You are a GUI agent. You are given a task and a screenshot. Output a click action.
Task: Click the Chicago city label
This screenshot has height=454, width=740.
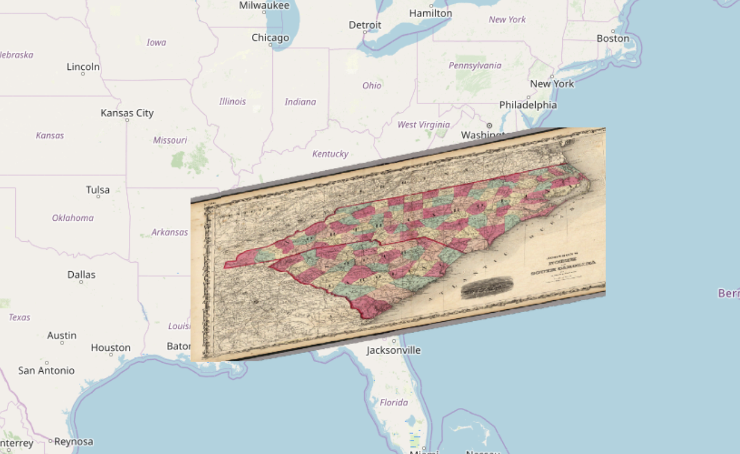pos(270,38)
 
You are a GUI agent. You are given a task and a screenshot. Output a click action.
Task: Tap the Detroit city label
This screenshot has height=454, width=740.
pos(365,25)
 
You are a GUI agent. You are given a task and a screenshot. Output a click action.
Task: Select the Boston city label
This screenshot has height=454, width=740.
pos(613,39)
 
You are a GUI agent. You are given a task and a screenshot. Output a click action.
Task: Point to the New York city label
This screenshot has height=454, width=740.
pos(552,83)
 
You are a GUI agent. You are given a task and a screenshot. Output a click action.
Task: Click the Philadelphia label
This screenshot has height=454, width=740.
pos(528,105)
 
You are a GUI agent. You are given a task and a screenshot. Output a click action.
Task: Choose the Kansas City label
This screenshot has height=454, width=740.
pos(127,113)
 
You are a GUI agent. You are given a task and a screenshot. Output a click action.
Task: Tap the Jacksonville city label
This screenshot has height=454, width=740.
pos(393,350)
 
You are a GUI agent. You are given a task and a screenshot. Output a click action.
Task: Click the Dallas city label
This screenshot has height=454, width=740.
pos(81,275)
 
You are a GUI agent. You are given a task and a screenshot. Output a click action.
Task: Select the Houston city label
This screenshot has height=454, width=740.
pos(111,347)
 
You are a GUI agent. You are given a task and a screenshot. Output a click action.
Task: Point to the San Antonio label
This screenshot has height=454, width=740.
pos(46,371)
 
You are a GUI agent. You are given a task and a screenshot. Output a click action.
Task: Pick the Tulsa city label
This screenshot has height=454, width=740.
pos(98,190)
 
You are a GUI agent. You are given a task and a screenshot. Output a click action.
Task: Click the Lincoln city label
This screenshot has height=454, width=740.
pos(83,67)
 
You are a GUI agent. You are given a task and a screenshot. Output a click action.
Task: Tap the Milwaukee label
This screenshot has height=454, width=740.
pos(264,6)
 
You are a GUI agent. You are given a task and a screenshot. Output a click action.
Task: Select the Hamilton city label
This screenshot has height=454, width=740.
pos(431,13)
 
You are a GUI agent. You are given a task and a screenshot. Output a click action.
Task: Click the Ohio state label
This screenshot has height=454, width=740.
pos(372,86)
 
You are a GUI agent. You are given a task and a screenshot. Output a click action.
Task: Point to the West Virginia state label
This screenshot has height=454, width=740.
pos(423,125)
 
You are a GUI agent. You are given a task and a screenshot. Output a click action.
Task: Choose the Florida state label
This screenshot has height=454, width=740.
pos(394,402)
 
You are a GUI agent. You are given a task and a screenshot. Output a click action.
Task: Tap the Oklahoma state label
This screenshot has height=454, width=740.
pos(73,218)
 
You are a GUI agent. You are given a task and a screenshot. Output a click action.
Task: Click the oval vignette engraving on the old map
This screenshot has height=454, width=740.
pos(487,287)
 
